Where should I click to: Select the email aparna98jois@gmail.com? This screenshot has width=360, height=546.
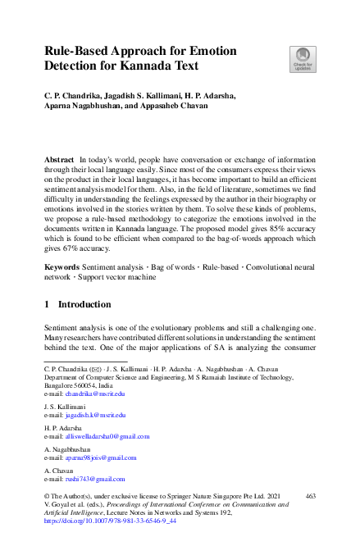(101, 458)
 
